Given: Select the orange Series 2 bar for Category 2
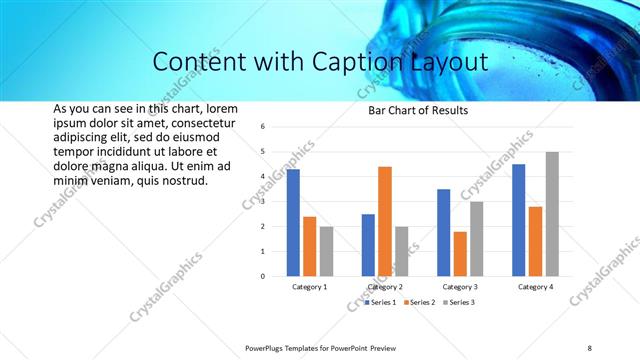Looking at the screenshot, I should click(385, 221).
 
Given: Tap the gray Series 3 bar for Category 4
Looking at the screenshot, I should click(552, 214).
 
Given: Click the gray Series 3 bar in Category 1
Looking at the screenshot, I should click(326, 251).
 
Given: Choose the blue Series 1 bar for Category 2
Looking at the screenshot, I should click(368, 245).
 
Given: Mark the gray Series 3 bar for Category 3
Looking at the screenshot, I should click(477, 239).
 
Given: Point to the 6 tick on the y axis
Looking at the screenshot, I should click(261, 127).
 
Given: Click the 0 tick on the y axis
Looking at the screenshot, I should click(261, 276).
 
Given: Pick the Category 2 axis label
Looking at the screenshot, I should click(385, 287).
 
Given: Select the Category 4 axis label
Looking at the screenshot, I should click(535, 287).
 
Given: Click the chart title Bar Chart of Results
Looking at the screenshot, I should click(412, 110).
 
